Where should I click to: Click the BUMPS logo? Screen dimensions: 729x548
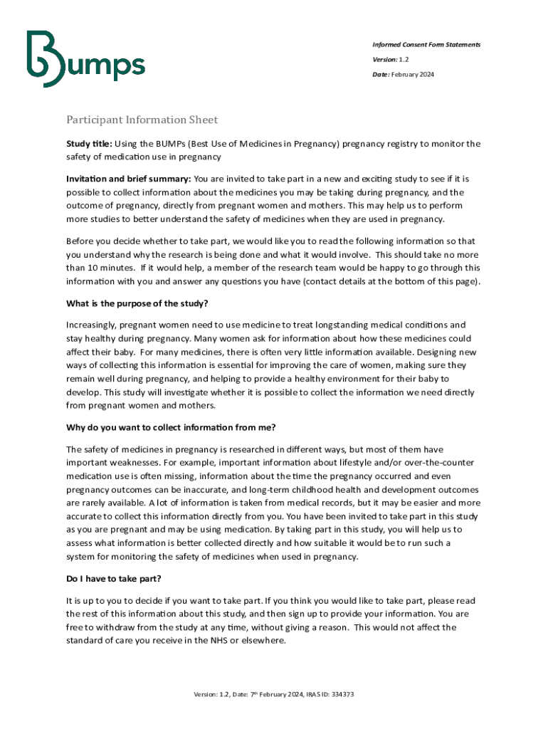[85, 58]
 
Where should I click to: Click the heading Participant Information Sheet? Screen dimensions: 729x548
[142, 120]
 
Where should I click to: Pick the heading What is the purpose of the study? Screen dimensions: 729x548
[132, 303]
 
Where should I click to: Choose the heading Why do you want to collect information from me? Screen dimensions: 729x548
[171, 427]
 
